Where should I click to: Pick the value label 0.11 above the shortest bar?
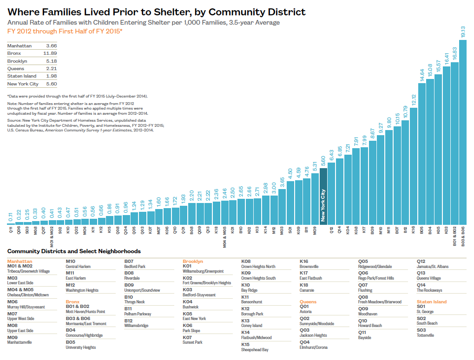click(x=10, y=217)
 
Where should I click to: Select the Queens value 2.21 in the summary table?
click(x=51, y=69)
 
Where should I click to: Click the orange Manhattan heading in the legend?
click(x=20, y=262)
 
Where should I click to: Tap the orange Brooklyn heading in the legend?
click(x=193, y=262)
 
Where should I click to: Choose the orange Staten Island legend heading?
click(x=432, y=302)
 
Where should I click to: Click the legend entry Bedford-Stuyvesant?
click(x=199, y=295)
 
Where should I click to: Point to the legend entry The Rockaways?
click(x=430, y=290)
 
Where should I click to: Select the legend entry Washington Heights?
click(x=82, y=290)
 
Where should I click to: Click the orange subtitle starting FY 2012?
click(x=65, y=31)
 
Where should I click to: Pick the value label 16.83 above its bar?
click(x=454, y=53)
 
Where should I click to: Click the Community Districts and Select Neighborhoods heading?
click(x=74, y=251)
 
